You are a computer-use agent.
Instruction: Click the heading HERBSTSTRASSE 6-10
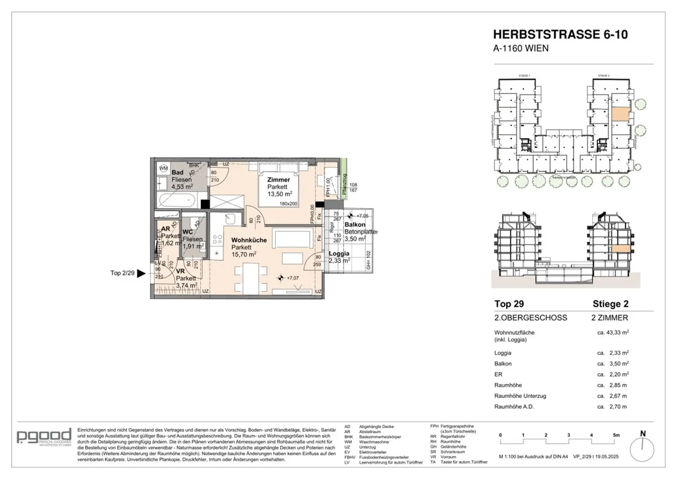[560, 34]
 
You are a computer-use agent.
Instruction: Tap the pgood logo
[44, 437]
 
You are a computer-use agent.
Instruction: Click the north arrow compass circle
[642, 451]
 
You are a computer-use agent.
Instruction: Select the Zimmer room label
[279, 180]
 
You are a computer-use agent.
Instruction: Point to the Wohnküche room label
[249, 240]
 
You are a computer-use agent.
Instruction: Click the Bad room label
[177, 173]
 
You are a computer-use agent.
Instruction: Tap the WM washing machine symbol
[163, 168]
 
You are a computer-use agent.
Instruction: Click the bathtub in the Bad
[176, 200]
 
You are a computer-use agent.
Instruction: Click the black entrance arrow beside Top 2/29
[141, 273]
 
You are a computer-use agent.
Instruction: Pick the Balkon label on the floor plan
[355, 225]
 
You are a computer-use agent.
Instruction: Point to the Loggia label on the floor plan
[339, 253]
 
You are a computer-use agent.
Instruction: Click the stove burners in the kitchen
[217, 239]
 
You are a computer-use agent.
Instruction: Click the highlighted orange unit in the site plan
[621, 115]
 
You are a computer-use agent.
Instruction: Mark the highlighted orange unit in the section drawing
[621, 249]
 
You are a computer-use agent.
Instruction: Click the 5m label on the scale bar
[616, 435]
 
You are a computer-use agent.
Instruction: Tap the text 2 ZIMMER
[610, 318]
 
